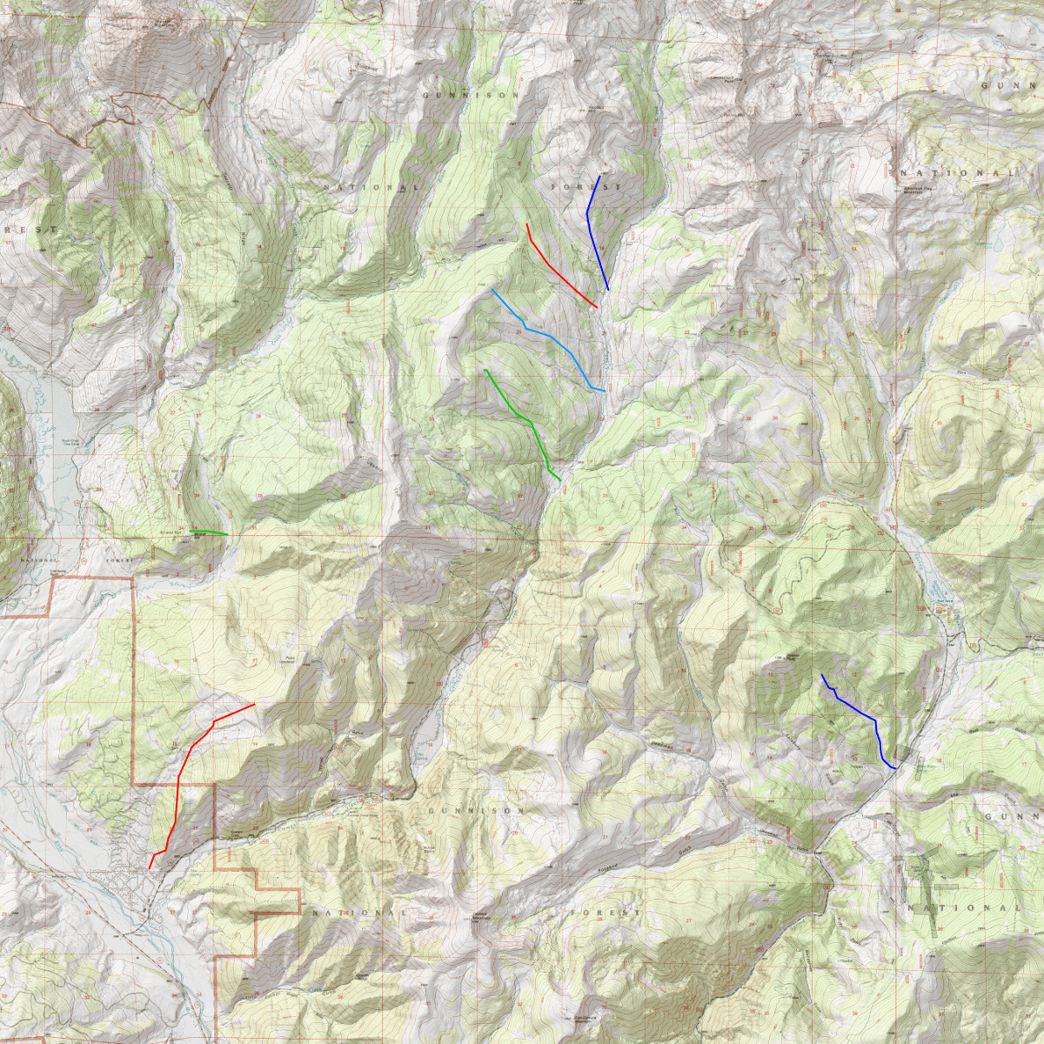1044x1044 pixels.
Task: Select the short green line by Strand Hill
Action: [209, 532]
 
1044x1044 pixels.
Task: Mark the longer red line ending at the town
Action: [180, 774]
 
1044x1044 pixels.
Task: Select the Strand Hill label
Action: [171, 532]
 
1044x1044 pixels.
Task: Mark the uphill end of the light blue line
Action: [492, 290]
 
